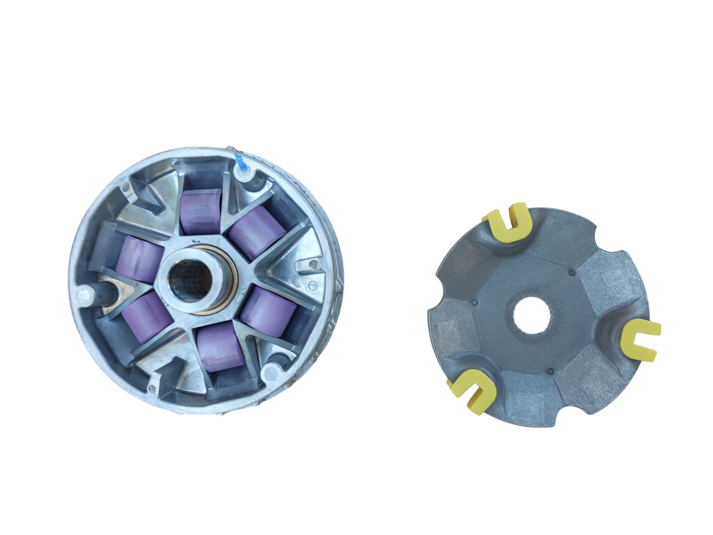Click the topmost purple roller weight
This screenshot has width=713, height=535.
[x=201, y=212]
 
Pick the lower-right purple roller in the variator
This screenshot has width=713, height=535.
[x=269, y=311]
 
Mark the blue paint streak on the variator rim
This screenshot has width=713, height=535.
[x=241, y=160]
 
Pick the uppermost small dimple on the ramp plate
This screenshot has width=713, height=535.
[x=571, y=273]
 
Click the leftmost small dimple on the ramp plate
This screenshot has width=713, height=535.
[x=475, y=302]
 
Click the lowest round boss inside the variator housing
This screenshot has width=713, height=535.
[x=271, y=373]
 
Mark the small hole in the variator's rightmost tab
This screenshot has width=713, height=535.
[x=308, y=262]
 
